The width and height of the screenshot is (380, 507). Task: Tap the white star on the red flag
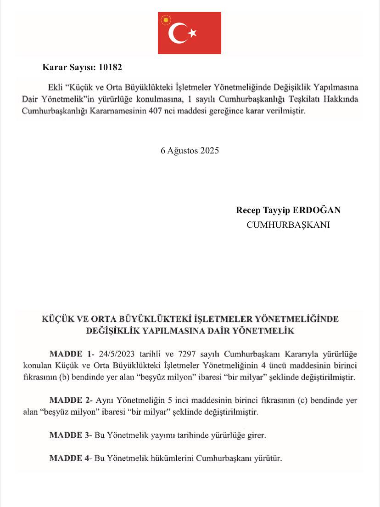click(x=192, y=33)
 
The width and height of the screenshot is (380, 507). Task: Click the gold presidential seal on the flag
click(x=165, y=20)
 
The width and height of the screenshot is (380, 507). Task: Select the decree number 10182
click(x=111, y=67)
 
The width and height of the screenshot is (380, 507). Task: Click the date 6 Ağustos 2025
click(x=190, y=151)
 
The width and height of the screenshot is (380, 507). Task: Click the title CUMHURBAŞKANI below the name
click(x=288, y=225)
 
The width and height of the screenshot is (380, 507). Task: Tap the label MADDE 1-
click(x=72, y=354)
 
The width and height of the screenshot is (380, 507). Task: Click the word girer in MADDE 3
click(x=256, y=435)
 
